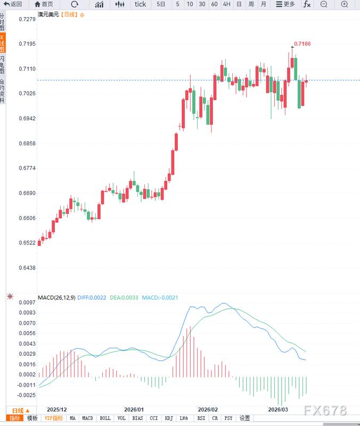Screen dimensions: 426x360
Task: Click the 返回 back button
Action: pos(13,4)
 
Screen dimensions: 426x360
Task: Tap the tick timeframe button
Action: pos(140,4)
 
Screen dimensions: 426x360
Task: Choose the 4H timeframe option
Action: pos(226,4)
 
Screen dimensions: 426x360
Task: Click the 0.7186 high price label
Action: pos(302,43)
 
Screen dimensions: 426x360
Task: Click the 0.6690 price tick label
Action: pos(27,193)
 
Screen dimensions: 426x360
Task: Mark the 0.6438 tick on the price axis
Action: pos(27,268)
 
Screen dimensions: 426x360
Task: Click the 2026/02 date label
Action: pos(208,409)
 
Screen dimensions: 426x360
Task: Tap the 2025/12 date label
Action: pos(58,409)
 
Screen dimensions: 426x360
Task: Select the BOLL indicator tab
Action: pos(105,419)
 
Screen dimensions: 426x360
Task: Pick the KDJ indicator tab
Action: pos(169,419)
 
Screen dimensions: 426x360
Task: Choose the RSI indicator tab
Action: pos(201,419)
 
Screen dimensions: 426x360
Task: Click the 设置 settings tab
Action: pos(244,419)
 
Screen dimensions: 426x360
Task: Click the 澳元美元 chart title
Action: pos(48,15)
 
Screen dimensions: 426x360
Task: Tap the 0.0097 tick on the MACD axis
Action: pos(28,302)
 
